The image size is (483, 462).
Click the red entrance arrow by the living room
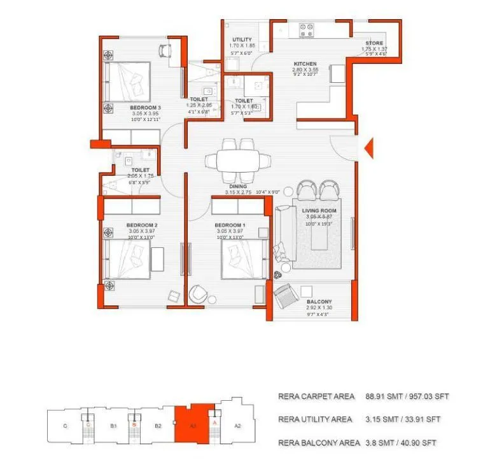point(367,149)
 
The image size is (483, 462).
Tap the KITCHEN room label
point(305,64)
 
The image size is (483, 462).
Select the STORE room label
point(374,43)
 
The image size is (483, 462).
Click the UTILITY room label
point(242,40)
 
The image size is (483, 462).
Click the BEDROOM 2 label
point(141,225)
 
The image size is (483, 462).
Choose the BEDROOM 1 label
point(230,225)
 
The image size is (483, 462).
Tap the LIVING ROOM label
point(319,210)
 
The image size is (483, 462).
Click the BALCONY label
point(319,301)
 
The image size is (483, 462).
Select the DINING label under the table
point(239,186)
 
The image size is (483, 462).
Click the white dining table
point(239,160)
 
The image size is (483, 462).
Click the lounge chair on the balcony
point(284,297)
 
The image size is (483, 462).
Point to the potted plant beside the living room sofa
point(278,275)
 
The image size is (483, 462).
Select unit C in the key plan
point(66,426)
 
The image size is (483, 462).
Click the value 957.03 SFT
point(427,396)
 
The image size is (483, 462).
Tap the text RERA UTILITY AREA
point(316,419)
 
